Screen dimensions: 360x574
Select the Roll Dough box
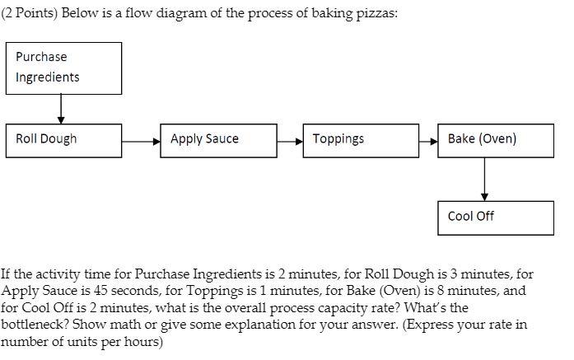pos(64,140)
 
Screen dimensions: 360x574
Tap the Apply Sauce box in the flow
pos(219,140)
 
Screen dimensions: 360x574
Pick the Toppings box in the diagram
pos(361,140)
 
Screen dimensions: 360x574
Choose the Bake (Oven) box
pos(496,140)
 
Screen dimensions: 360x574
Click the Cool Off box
pos(496,217)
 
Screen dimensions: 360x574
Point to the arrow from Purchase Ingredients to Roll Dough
pos(61,107)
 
